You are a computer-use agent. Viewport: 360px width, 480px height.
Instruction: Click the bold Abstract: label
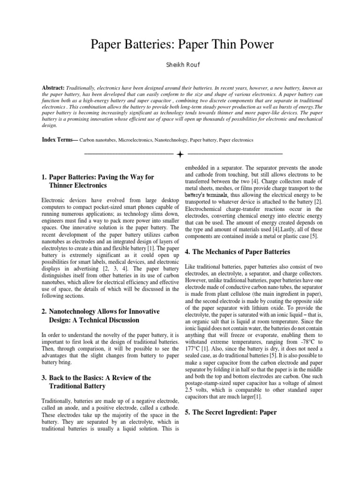tap(53, 88)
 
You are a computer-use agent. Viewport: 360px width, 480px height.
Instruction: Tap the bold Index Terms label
tap(60, 140)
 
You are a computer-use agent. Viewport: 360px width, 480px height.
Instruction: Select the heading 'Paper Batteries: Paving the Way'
tap(102, 177)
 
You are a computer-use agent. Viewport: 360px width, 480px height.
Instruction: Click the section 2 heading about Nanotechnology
tap(104, 312)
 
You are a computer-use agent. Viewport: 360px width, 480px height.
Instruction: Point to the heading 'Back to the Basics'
tap(100, 378)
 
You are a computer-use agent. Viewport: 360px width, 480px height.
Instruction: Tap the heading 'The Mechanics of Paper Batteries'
tap(241, 252)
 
